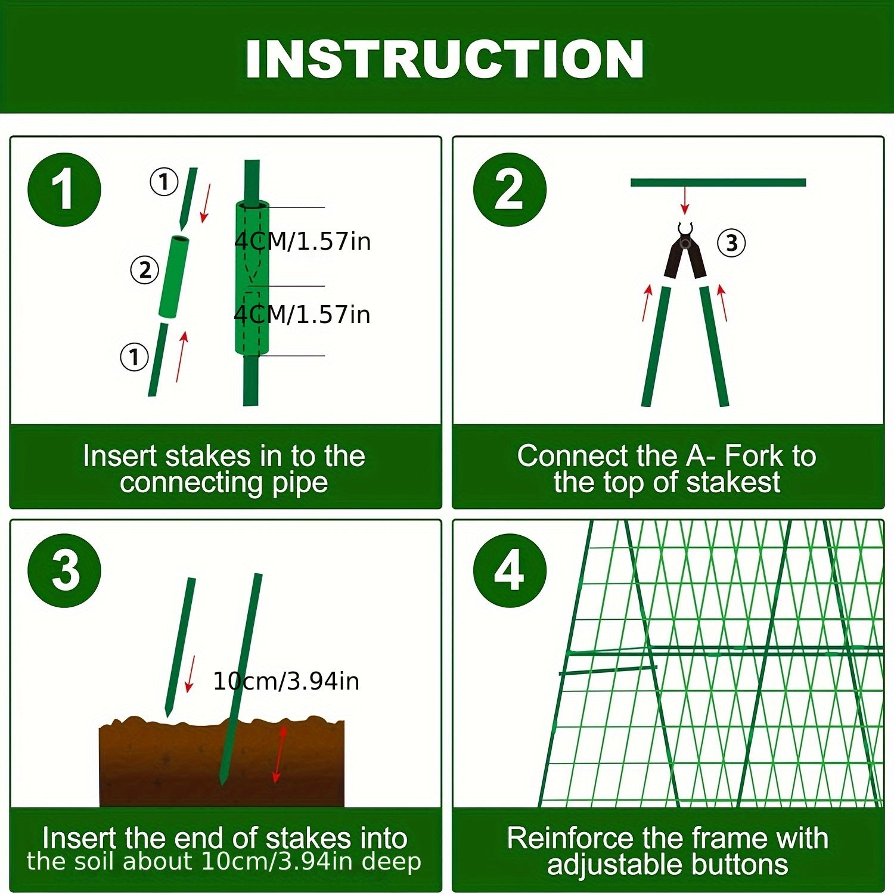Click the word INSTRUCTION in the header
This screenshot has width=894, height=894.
445,59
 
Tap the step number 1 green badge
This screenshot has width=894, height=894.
64,190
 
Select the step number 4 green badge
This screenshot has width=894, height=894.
509,570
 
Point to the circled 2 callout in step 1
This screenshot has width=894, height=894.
145,270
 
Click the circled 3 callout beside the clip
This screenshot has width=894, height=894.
731,243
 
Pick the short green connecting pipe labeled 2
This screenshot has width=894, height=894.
173,277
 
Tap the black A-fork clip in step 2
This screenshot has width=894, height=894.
685,253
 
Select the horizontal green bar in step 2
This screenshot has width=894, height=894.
718,182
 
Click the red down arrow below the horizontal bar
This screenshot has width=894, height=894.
685,200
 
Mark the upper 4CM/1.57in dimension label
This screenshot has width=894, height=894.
302,241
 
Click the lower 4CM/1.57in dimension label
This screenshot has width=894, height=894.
302,315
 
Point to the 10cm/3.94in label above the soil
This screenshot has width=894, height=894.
286,681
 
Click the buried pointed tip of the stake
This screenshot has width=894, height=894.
223,778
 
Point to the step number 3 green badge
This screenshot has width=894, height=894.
64,570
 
